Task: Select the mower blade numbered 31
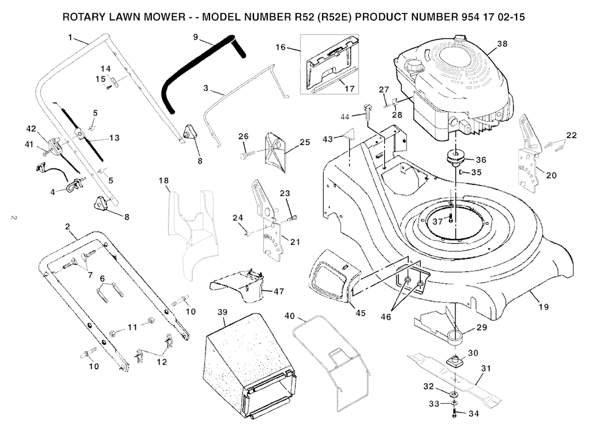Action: coord(456,378)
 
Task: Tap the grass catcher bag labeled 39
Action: coord(248,364)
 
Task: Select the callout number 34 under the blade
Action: coord(474,414)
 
